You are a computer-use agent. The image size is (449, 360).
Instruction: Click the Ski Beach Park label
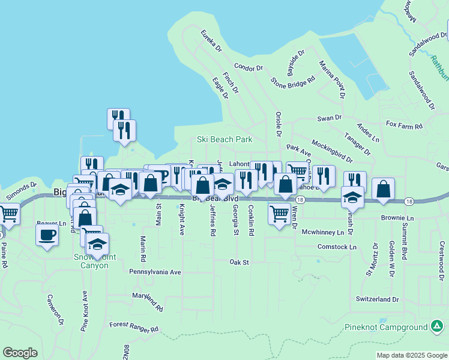pyautogui.click(x=224, y=139)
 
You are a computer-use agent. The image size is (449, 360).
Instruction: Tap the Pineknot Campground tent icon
pyautogui.click(x=438, y=326)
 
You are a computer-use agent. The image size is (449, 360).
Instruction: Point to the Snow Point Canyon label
pyautogui.click(x=94, y=261)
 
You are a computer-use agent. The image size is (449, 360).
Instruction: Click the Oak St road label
pyautogui.click(x=239, y=262)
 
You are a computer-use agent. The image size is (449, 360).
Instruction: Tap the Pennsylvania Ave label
pyautogui.click(x=155, y=272)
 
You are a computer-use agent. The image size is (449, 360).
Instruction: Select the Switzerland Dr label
pyautogui.click(x=377, y=299)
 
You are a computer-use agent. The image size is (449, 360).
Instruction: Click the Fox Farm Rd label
pyautogui.click(x=405, y=126)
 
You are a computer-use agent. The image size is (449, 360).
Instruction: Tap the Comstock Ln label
pyautogui.click(x=337, y=247)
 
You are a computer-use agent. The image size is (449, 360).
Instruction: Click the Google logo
pyautogui.click(x=20, y=353)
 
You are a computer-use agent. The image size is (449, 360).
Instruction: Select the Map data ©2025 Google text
pyautogui.click(x=411, y=355)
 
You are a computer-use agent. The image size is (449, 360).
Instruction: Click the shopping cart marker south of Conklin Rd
pyautogui.click(x=279, y=214)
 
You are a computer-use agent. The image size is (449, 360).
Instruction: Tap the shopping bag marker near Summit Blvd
pyautogui.click(x=383, y=189)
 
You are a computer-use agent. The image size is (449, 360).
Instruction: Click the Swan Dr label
pyautogui.click(x=329, y=118)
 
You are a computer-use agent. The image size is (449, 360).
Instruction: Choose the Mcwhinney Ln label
pyautogui.click(x=323, y=232)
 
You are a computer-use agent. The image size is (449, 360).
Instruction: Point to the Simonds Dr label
pyautogui.click(x=21, y=191)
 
